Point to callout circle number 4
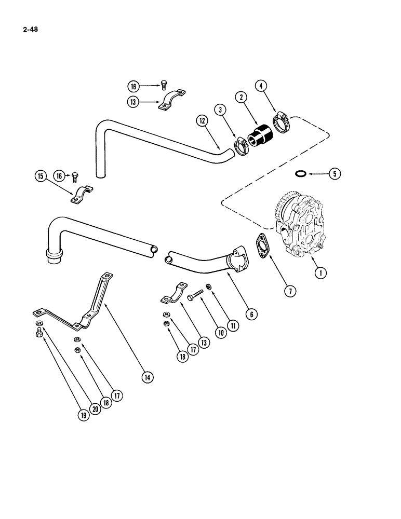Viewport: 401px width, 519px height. (x=261, y=85)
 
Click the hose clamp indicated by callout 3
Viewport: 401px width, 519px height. (x=241, y=147)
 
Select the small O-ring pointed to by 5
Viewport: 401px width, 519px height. (x=300, y=173)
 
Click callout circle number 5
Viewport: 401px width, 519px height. (x=334, y=174)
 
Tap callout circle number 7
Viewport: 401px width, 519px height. (x=290, y=291)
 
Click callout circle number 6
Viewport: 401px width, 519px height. (x=251, y=313)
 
